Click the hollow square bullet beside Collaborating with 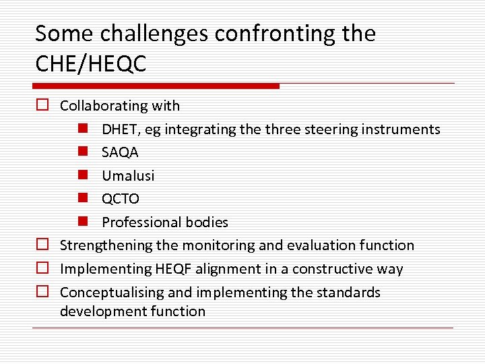tap(42, 106)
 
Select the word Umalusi tap(128, 176)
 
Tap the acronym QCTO tap(121, 199)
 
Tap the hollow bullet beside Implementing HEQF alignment tap(42, 269)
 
